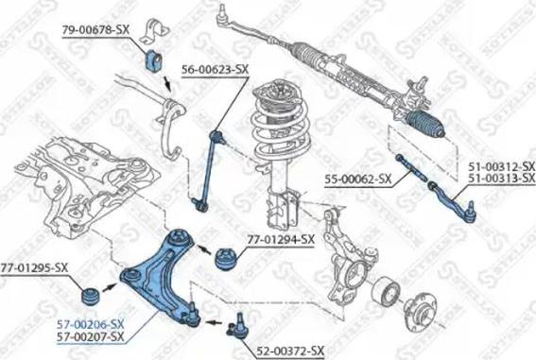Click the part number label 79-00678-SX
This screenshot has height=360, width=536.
pos(95,29)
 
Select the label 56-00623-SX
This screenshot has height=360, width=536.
pos(215,69)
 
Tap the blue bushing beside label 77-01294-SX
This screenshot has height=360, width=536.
pos(227,258)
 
